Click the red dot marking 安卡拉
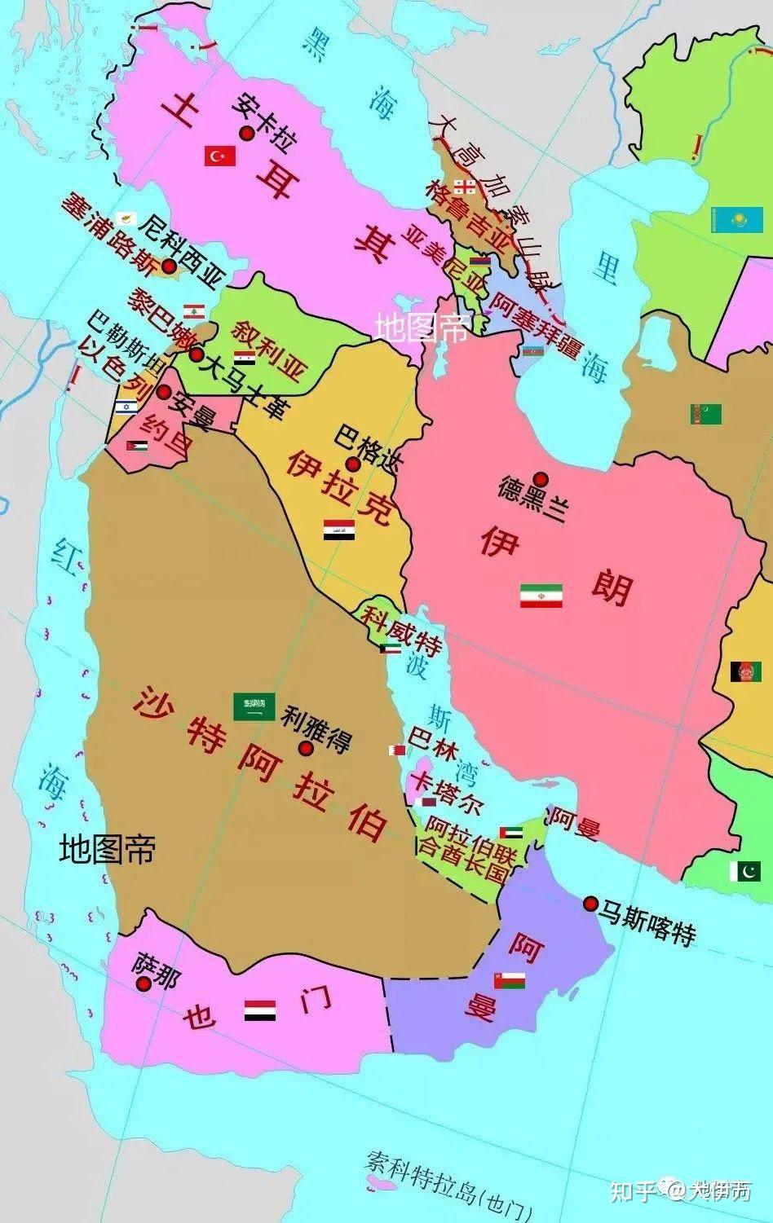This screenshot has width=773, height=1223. click(244, 133)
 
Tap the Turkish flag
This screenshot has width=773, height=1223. click(220, 155)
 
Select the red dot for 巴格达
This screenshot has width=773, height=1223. click(353, 464)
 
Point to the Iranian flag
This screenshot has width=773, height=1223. click(541, 596)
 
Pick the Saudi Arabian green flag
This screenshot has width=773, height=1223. click(254, 706)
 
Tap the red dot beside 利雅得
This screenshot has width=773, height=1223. click(306, 749)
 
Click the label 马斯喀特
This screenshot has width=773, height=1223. click(647, 922)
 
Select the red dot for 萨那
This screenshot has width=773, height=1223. click(144, 983)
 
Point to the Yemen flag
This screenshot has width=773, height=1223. click(260, 1010)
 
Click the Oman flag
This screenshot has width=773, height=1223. click(509, 979)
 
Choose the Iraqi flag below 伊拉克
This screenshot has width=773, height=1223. click(338, 530)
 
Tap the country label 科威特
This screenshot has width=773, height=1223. click(403, 629)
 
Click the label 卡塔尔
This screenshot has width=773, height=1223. click(448, 793)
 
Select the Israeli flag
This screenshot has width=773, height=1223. click(126, 407)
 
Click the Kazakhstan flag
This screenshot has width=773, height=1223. click(736, 219)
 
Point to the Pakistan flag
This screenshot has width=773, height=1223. click(745, 870)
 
